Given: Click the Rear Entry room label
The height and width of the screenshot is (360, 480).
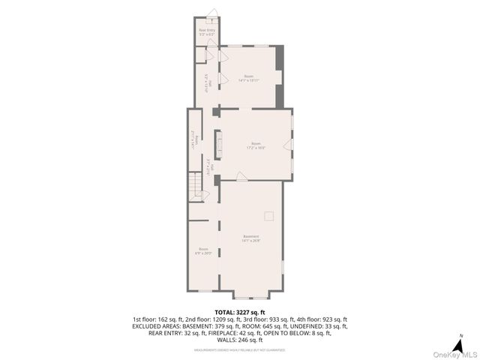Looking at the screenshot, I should click(207, 32).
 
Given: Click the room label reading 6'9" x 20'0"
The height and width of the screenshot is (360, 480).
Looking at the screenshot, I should click(203, 251).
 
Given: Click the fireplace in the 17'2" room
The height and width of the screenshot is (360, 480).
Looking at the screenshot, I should click(220, 142).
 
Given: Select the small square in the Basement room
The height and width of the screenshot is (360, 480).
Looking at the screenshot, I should click(269, 216).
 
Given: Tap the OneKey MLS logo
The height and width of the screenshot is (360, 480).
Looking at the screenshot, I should click(453, 354).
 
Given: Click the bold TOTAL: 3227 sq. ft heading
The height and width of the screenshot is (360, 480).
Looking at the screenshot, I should click(240, 312).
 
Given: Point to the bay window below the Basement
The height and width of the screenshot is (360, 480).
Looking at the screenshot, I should click(251, 294).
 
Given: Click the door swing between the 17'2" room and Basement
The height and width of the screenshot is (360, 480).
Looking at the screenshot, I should click(242, 177).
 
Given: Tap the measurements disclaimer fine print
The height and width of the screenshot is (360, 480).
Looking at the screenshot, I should click(240, 349).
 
